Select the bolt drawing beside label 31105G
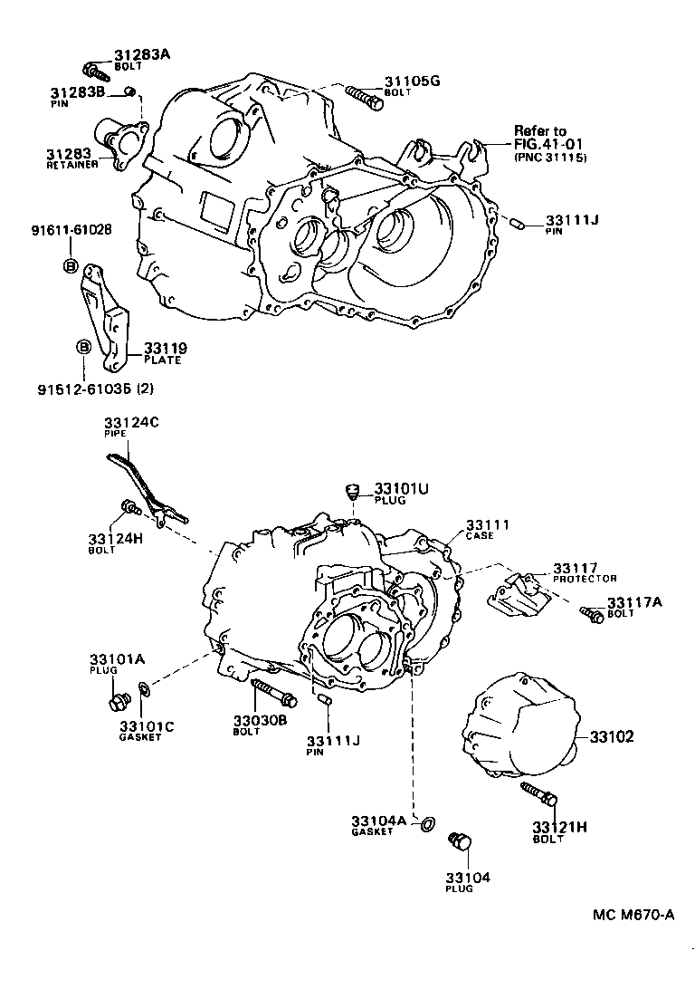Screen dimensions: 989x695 click(x=364, y=94)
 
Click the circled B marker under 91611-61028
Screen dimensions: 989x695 click(x=70, y=264)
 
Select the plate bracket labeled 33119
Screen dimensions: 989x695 click(x=108, y=317)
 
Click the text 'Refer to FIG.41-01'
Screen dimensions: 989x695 click(x=550, y=137)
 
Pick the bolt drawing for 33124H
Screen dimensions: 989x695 click(x=128, y=507)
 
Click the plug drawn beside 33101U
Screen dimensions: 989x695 click(x=355, y=492)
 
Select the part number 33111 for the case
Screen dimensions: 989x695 click(x=488, y=524)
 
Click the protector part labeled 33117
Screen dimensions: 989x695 click(x=515, y=594)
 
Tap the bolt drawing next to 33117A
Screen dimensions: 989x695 click(x=592, y=616)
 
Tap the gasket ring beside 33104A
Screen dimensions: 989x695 click(x=429, y=824)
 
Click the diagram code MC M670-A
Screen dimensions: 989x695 click(x=633, y=915)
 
